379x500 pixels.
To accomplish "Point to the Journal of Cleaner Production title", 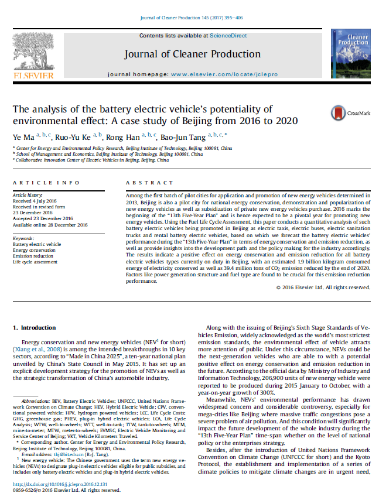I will pyautogui.click(x=192, y=54).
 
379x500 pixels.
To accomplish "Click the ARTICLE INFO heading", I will pyautogui.click(x=37, y=183).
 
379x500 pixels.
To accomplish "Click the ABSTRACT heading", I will pyautogui.click(x=145, y=183).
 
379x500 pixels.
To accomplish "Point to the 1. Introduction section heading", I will pyautogui.click(x=35, y=327).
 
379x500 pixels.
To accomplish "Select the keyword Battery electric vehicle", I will pyautogui.click(x=36, y=244).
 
